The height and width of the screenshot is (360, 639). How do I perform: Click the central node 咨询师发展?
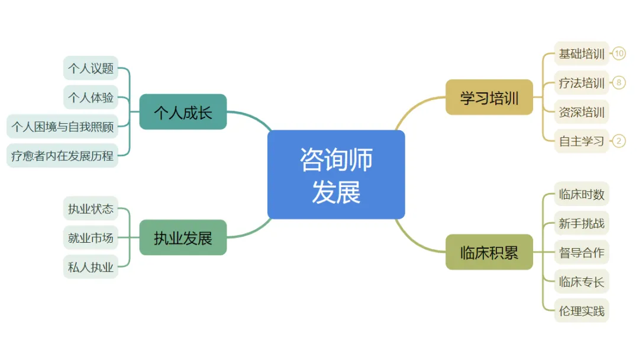click(x=336, y=175)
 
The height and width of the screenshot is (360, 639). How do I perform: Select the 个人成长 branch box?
click(x=183, y=112)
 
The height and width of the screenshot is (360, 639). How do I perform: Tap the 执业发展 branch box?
click(x=183, y=237)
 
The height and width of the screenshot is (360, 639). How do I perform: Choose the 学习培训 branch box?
click(x=489, y=97)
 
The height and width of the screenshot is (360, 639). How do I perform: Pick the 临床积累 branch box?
click(x=489, y=252)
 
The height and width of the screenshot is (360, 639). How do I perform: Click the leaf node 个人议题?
click(x=91, y=68)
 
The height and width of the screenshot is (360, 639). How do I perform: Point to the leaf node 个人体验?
click(x=91, y=97)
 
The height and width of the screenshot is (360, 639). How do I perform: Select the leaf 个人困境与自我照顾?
click(x=62, y=126)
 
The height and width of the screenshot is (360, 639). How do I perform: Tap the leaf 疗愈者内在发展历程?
click(x=62, y=156)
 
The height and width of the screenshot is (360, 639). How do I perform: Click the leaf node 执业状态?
click(x=91, y=208)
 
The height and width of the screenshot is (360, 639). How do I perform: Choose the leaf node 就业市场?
click(x=91, y=237)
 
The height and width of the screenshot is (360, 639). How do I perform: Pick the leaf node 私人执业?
click(x=91, y=267)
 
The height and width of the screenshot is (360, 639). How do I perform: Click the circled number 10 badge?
click(x=619, y=54)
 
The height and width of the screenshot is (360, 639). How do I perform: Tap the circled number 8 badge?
click(x=619, y=83)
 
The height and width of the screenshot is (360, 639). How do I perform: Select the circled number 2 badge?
click(x=619, y=141)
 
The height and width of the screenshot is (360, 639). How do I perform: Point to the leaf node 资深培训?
click(x=582, y=112)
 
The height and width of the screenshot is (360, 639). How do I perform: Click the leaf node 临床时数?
click(x=582, y=194)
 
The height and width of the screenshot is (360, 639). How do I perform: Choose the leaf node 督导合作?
click(x=582, y=252)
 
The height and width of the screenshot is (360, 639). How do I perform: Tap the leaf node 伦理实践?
click(x=582, y=311)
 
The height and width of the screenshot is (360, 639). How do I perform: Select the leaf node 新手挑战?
click(x=582, y=223)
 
